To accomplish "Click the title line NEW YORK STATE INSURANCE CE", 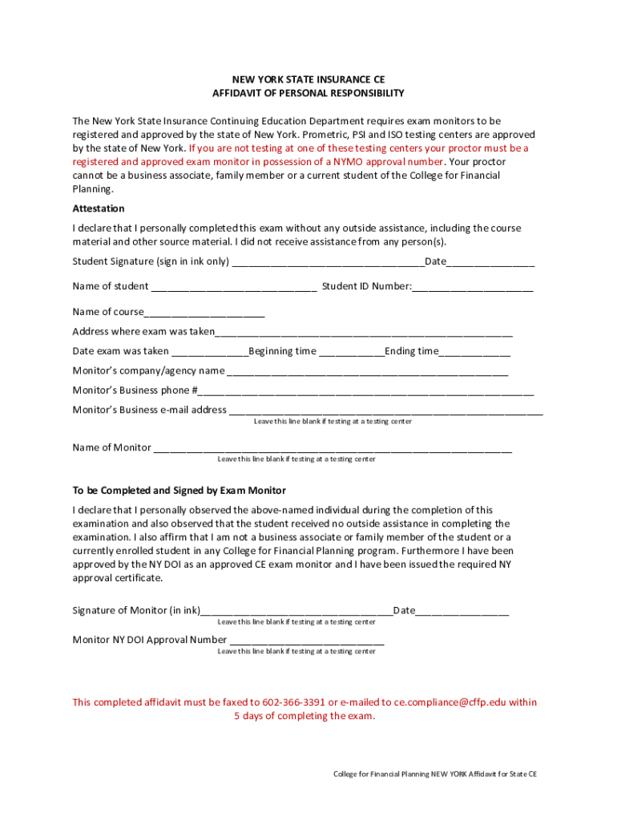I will tap(308, 80).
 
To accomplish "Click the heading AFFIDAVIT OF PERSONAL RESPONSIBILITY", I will tap(308, 94).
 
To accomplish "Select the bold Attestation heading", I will tap(98, 208).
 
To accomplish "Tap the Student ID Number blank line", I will tap(473, 287).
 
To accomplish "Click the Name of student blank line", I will tap(233, 287).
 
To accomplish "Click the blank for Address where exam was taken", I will tap(364, 333).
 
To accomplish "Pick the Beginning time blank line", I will tap(351, 352).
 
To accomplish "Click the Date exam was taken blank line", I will tap(210, 352).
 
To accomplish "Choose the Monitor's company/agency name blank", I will tap(367, 372).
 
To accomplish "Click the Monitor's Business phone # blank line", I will tap(366, 392).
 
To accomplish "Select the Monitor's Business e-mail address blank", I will tap(385, 411).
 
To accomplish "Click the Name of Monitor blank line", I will tap(333, 449).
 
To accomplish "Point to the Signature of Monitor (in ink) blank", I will tap(296, 612).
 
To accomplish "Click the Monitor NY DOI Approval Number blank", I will tap(306, 641).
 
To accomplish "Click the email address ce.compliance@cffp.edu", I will tap(450, 702).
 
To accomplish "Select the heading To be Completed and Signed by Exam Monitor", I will tap(179, 491).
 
